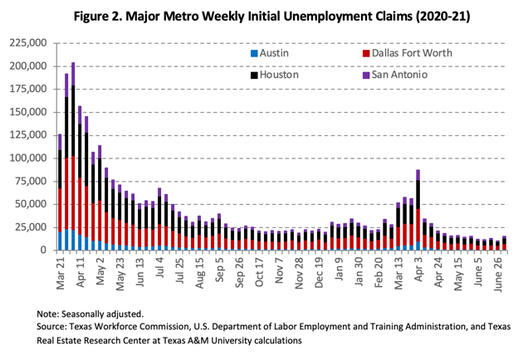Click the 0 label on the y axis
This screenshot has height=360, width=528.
[x=44, y=250]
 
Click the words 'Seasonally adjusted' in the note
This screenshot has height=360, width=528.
[x=101, y=314]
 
